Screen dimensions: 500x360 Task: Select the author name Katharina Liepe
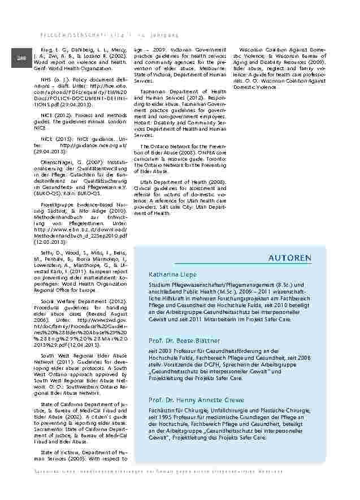[x=172, y=274]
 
